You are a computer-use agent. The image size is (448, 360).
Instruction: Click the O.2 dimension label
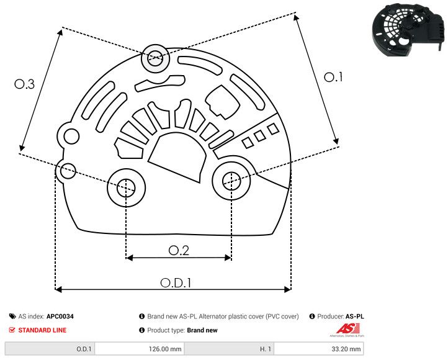pos(179,250)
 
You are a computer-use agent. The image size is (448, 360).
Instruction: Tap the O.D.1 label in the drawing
pos(176,282)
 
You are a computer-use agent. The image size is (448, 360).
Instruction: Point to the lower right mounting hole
pos(231,181)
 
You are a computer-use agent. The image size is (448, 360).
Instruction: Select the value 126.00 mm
pos(166,349)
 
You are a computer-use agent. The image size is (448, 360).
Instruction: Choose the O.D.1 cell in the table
pos(84,349)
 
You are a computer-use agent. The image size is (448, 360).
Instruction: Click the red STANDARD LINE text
pos(42,330)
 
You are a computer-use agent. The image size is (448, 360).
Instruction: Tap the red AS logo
pos(345,329)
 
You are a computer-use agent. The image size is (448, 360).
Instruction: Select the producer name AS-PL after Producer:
pos(354,317)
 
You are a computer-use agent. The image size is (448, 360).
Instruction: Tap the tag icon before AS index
pos(12,317)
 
